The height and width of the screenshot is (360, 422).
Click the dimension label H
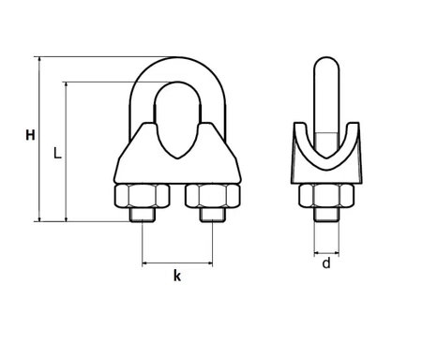(x=30, y=136)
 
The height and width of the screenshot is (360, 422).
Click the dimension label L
(x=57, y=152)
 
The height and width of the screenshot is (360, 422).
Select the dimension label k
(x=177, y=276)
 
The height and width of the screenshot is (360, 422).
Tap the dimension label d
(x=325, y=263)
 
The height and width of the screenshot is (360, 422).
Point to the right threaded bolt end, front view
(x=212, y=218)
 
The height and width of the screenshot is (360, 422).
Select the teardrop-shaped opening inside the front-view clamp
(x=177, y=117)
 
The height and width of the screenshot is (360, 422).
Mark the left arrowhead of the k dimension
(x=145, y=263)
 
